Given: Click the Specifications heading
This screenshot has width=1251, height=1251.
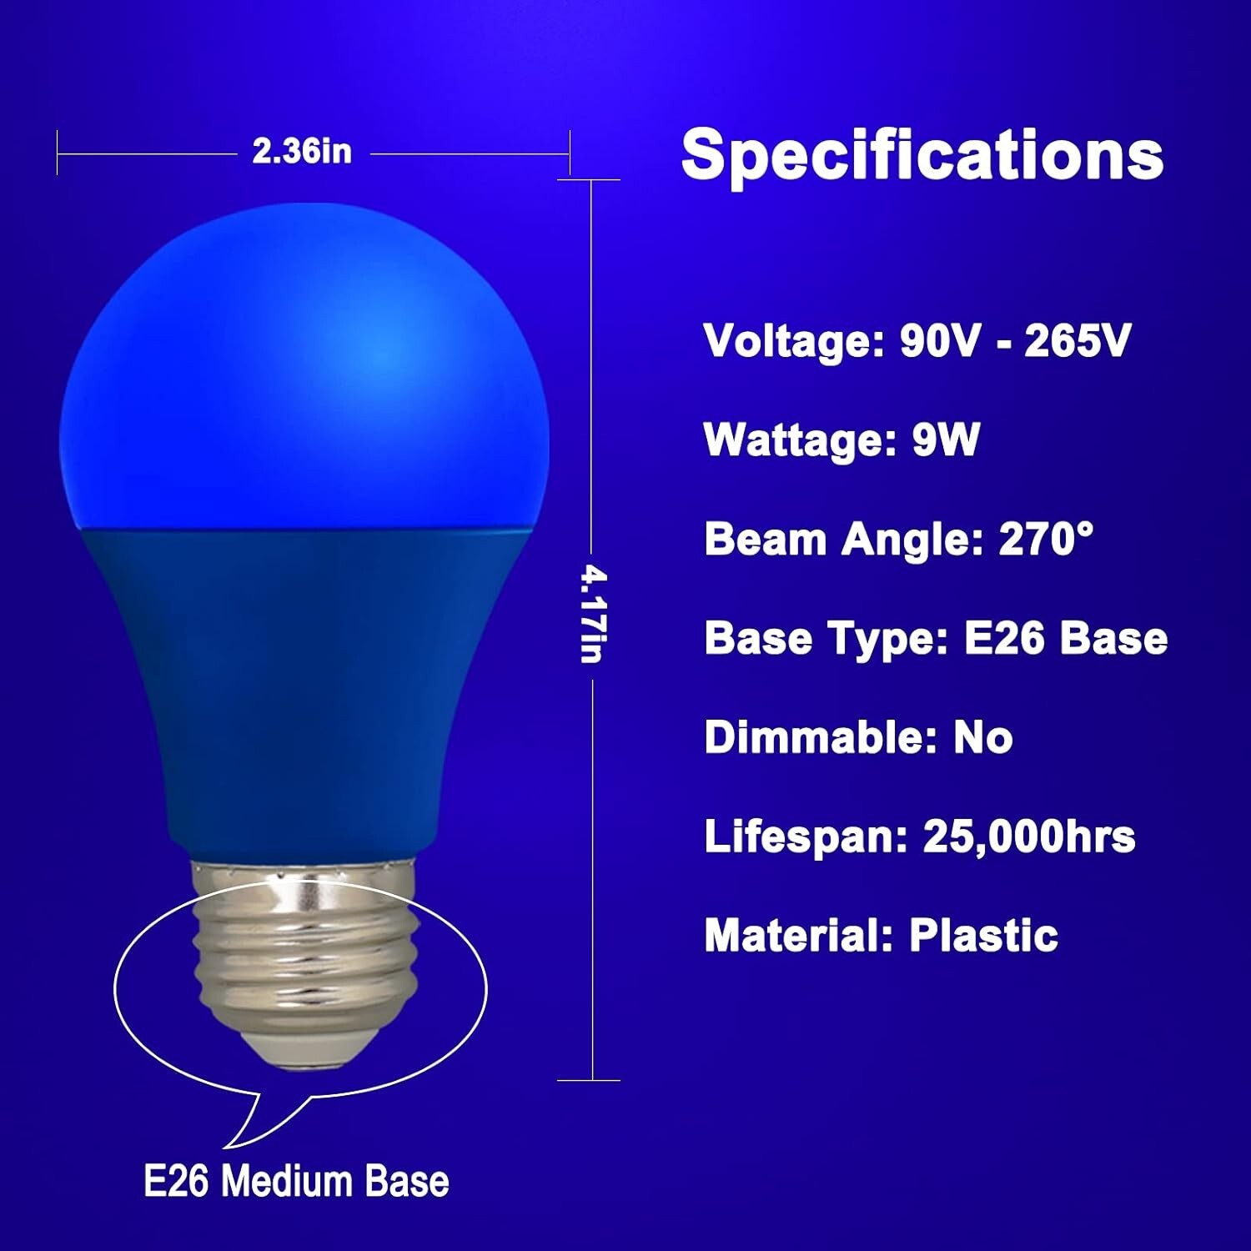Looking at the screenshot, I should (x=922, y=154).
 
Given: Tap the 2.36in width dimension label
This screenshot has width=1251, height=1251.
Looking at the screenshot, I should (x=302, y=152).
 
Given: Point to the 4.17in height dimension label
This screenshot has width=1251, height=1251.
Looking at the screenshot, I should (x=593, y=615).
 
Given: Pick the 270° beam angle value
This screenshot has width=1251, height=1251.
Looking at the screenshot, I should (x=1046, y=539).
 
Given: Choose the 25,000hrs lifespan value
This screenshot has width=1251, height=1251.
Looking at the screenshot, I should (x=1029, y=837).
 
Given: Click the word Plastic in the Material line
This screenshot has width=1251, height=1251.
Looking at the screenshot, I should (x=983, y=935).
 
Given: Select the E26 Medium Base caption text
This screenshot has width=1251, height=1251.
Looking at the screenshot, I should (x=296, y=1182).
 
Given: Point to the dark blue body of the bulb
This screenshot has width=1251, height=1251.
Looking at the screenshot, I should (x=304, y=684).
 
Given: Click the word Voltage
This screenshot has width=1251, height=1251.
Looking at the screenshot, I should (x=792, y=340).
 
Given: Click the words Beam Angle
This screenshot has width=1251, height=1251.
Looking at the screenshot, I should (x=843, y=539).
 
